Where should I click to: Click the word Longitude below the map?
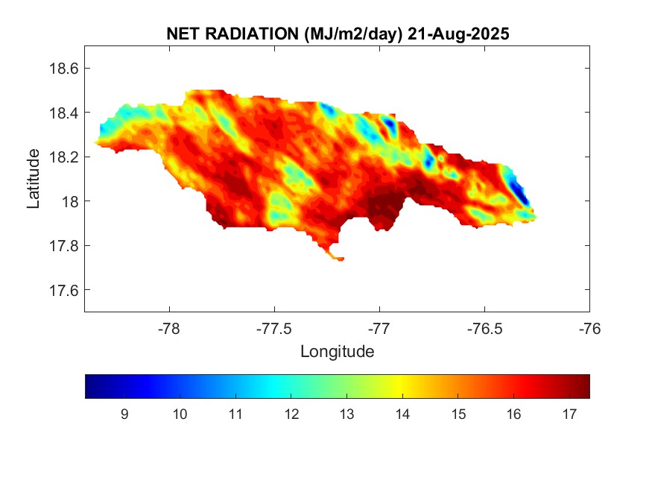[337, 351]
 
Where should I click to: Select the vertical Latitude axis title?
[34, 179]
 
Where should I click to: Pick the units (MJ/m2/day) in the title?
[349, 34]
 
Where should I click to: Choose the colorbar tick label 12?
[291, 415]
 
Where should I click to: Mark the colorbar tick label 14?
[402, 415]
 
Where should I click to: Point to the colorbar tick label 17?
[569, 415]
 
